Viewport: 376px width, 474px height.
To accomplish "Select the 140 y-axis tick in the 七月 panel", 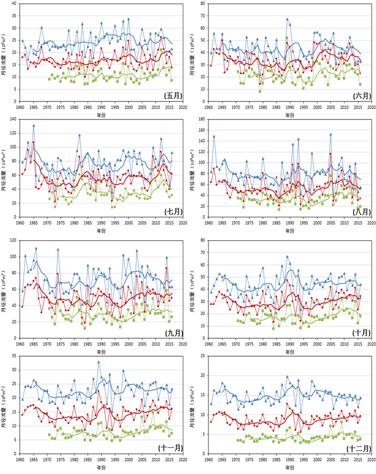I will tap(15, 120).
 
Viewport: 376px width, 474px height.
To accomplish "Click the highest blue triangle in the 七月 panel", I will tap(33, 125).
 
